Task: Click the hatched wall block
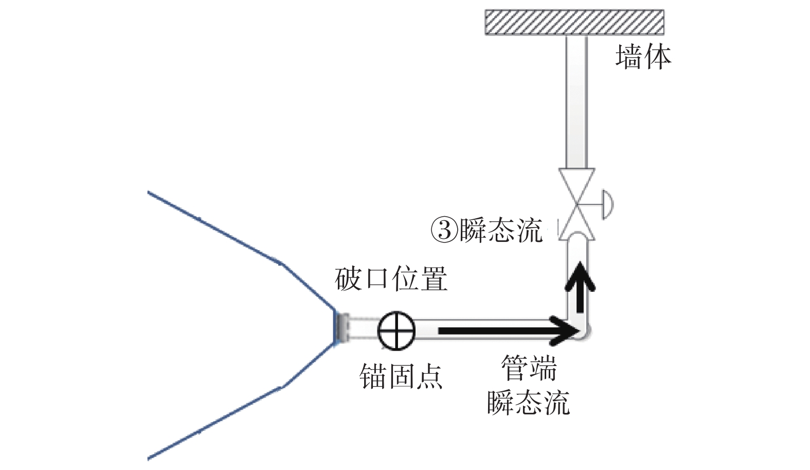coord(574,22)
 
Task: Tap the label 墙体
coord(643,57)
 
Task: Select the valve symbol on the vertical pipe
coord(577,204)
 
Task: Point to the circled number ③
coord(444,230)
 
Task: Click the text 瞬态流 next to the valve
coord(500,230)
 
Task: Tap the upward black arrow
coord(580,286)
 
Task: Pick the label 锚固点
coord(401,376)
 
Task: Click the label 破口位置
coord(391,280)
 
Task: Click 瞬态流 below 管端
coord(528,403)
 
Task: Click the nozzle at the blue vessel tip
coord(341,328)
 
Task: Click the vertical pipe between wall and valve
coord(576,103)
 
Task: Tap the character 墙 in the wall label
coord(628,57)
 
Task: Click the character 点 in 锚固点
coord(429,376)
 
